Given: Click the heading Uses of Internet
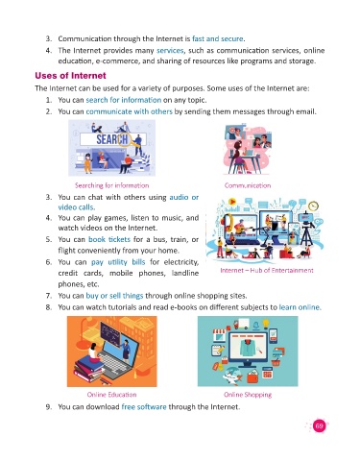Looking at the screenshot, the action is (70, 76).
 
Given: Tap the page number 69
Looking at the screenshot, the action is (319, 425).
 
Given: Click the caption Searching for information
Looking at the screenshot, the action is (111, 185).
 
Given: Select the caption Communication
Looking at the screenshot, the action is (248, 185).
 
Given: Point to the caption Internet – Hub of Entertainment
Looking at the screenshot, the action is (267, 270).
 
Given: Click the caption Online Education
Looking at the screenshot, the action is (111, 395).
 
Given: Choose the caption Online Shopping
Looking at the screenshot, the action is (248, 395).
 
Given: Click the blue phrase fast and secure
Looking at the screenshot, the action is (218, 38).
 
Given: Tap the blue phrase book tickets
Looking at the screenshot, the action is (109, 239).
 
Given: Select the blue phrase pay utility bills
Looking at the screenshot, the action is (118, 262).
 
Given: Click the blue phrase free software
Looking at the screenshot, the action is (144, 407).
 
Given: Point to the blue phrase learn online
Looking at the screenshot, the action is (300, 307).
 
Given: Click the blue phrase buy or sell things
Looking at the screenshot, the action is (114, 296).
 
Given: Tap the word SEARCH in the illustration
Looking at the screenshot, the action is (112, 139).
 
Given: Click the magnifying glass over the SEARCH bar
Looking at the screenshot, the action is (126, 140).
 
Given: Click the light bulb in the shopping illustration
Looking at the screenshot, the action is (266, 324).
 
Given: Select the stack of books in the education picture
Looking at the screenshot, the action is (89, 368).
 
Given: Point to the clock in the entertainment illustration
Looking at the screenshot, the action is (314, 206).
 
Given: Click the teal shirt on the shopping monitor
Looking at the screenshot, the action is (247, 348).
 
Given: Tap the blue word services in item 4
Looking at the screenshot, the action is (170, 51).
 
